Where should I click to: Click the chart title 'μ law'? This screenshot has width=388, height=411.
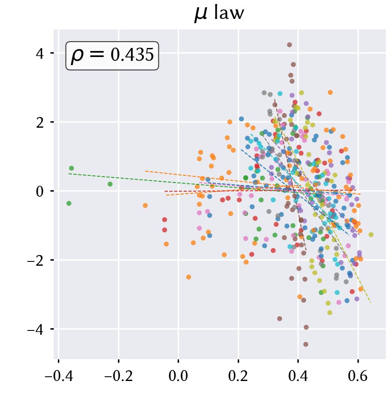click(x=219, y=13)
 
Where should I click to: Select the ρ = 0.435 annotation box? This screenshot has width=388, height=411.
click(x=112, y=56)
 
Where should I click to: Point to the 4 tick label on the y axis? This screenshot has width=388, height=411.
click(x=40, y=54)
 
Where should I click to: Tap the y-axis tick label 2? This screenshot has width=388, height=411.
click(x=40, y=123)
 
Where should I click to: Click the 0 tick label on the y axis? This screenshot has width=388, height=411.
click(x=40, y=192)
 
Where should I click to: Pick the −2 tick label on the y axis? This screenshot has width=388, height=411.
click(x=36, y=261)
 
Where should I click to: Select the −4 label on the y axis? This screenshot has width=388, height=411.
click(x=36, y=330)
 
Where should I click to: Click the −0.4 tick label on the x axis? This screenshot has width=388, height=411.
click(x=58, y=376)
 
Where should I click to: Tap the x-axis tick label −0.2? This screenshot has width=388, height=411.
click(x=118, y=376)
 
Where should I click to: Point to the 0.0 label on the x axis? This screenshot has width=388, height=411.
click(x=178, y=376)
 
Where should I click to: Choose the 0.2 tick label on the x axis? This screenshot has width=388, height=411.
click(x=238, y=376)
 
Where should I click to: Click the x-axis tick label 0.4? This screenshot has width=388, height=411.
click(x=298, y=376)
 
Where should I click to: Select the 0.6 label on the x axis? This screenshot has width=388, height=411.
click(x=358, y=376)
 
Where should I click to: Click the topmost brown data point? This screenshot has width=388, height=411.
click(x=290, y=45)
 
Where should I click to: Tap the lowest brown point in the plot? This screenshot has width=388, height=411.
click(x=306, y=344)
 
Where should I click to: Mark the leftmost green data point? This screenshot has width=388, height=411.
click(x=69, y=204)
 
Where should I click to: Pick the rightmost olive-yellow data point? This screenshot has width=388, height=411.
click(x=371, y=234)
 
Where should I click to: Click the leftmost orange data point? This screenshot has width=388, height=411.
click(x=145, y=205)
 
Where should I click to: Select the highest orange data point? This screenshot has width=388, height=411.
click(x=330, y=92)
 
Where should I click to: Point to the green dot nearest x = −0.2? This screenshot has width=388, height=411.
click(x=110, y=184)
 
